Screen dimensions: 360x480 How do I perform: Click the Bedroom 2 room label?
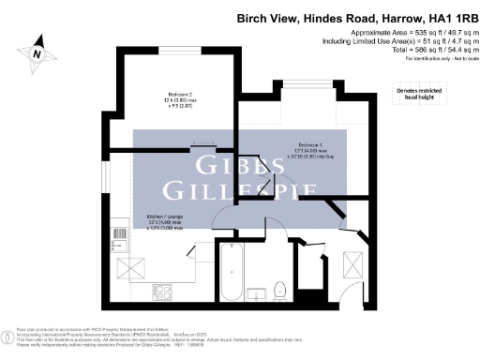[169, 97]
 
